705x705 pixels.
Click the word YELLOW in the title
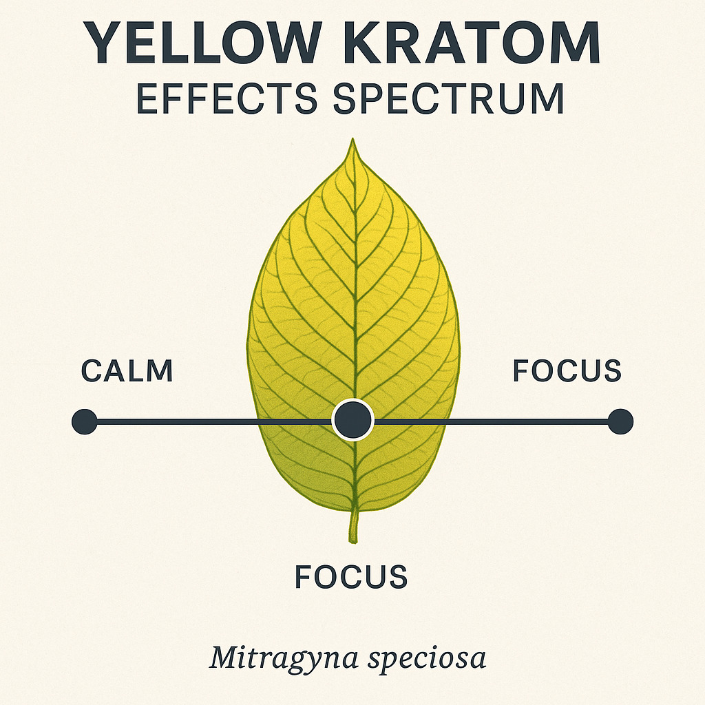(202, 43)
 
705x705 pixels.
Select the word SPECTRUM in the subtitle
(448, 98)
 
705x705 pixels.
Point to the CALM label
(127, 371)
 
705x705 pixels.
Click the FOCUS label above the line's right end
(567, 371)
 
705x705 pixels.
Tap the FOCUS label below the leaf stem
(351, 577)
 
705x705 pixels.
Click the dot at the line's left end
(85, 422)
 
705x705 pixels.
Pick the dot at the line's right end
(620, 422)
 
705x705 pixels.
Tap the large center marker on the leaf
(353, 419)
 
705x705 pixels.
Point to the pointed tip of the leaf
(353, 139)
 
